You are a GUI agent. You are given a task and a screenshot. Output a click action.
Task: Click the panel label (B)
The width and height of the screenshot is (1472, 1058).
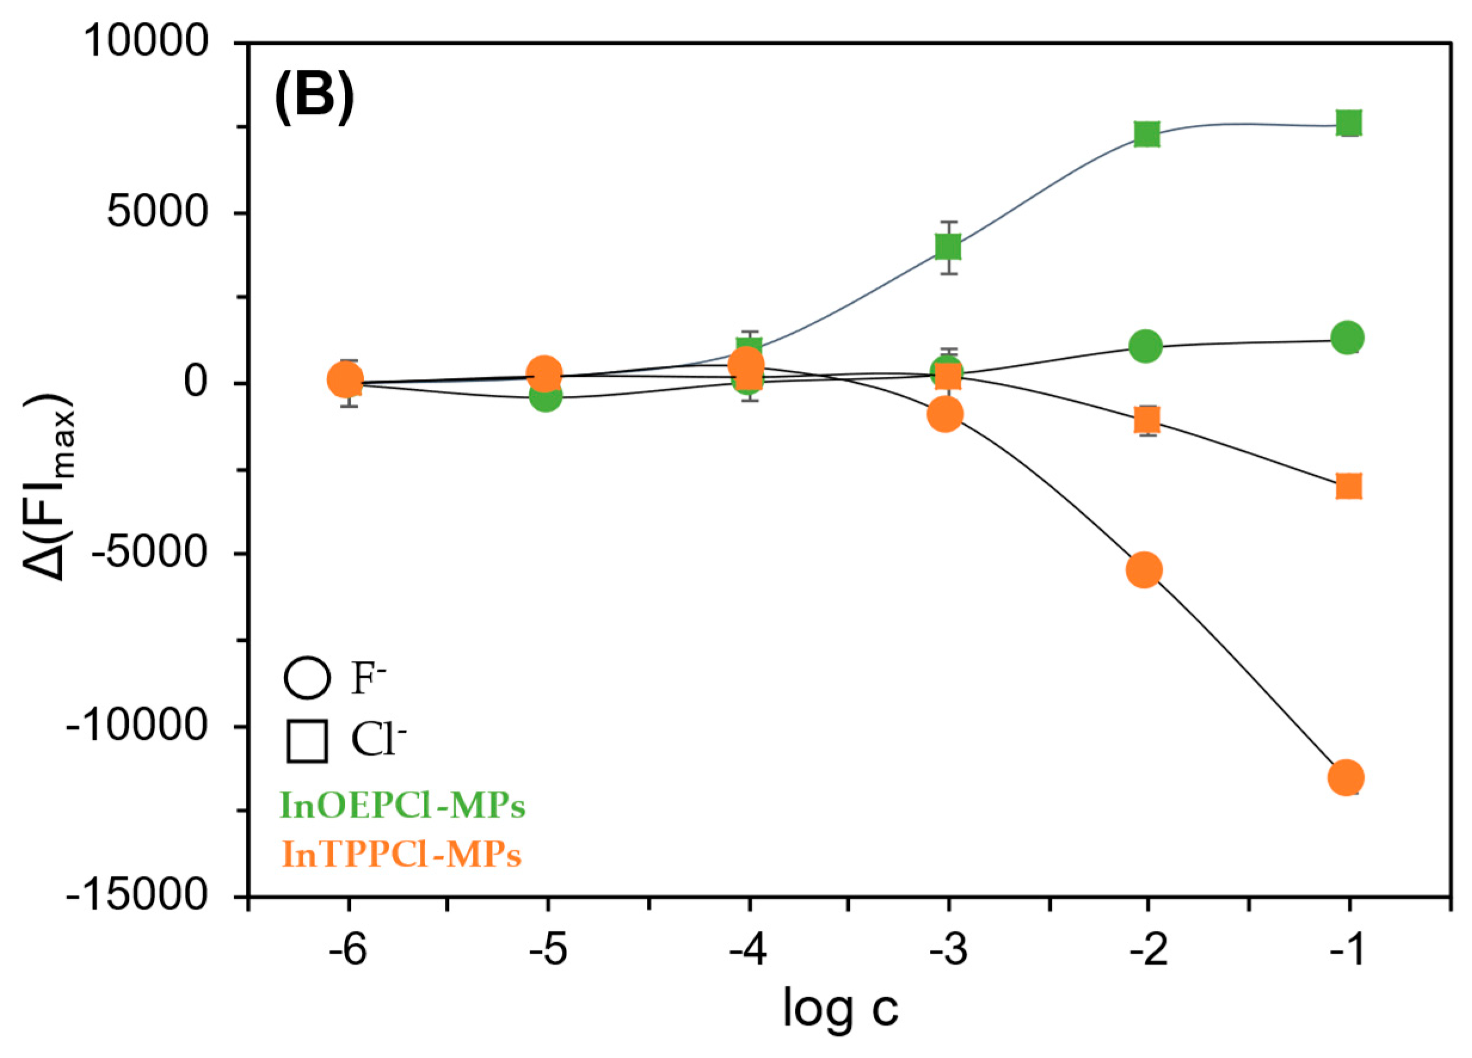pos(315,97)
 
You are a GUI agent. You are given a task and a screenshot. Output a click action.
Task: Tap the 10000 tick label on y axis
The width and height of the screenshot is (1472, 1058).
pos(146,44)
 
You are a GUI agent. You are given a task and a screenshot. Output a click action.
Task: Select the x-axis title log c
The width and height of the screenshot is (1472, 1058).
pos(840,1007)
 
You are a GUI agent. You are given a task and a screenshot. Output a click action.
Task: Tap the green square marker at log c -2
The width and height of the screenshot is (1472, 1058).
pos(1147,134)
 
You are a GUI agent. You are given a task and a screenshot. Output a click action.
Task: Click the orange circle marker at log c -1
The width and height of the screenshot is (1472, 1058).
pos(1346,777)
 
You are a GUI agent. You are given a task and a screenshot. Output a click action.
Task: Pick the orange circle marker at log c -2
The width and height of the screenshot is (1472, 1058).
pos(1144,570)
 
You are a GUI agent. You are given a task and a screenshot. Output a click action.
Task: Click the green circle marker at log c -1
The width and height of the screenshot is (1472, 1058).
pos(1347,337)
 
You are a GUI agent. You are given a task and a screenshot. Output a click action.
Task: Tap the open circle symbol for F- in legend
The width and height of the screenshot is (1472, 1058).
pos(307,679)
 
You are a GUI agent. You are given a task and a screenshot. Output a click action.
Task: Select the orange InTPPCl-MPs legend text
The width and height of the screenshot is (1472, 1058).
pos(401,856)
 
